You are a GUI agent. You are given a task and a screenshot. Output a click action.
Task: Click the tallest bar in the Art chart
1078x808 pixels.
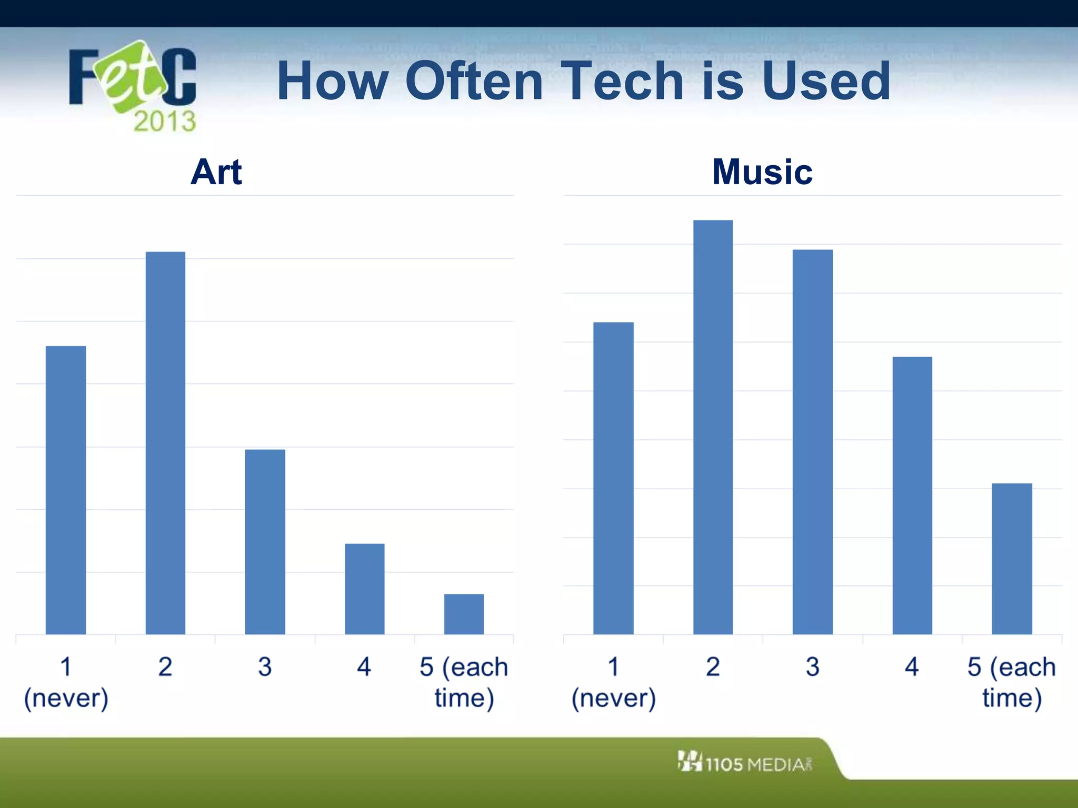165,443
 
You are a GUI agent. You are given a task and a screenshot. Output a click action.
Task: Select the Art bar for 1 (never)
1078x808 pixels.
66,490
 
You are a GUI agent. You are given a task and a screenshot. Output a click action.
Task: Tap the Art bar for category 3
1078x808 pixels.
265,541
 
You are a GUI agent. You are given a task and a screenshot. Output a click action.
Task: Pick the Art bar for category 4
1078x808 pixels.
364,589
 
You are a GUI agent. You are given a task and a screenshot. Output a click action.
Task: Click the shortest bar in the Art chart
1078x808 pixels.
464,614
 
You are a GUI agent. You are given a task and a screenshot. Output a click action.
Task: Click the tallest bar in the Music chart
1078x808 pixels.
713,427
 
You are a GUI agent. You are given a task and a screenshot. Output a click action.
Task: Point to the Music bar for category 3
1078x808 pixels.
812,442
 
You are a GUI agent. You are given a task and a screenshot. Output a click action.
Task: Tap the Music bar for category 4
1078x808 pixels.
912,495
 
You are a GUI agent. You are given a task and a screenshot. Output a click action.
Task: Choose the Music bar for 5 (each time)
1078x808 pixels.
1012,558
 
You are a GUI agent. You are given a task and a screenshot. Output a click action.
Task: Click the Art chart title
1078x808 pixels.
216,172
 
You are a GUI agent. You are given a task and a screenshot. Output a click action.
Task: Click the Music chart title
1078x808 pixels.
762,172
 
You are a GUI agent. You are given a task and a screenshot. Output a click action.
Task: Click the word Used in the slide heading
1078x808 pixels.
825,81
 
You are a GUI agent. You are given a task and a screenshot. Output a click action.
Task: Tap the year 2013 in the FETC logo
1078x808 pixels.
164,121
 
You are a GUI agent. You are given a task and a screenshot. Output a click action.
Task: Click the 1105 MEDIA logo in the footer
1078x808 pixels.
745,763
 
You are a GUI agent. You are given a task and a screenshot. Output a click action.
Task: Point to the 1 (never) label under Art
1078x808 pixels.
66,682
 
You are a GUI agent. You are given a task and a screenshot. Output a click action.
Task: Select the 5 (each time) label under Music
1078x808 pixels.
1011,682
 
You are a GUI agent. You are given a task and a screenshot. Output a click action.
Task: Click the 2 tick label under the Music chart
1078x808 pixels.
713,667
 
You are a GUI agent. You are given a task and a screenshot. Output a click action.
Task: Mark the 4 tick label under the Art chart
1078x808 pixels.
364,667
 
